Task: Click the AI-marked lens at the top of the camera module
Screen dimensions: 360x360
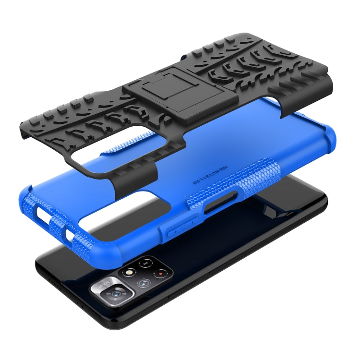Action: coord(145,263)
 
